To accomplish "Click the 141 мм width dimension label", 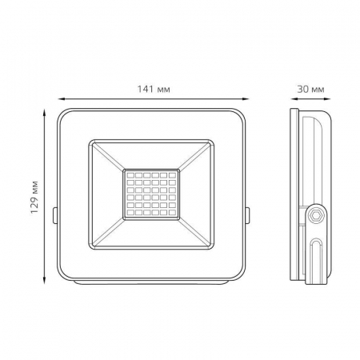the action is [x=154, y=89].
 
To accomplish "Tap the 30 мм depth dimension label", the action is [x=310, y=89].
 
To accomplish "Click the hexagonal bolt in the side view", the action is [x=316, y=214].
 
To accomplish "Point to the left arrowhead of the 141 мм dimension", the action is [x=62, y=99].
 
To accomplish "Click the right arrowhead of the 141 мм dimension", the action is [x=245, y=99].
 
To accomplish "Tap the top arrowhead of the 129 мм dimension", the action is [x=45, y=112].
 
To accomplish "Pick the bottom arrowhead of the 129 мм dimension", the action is [x=45, y=280].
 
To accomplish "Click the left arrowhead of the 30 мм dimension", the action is [x=294, y=99].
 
